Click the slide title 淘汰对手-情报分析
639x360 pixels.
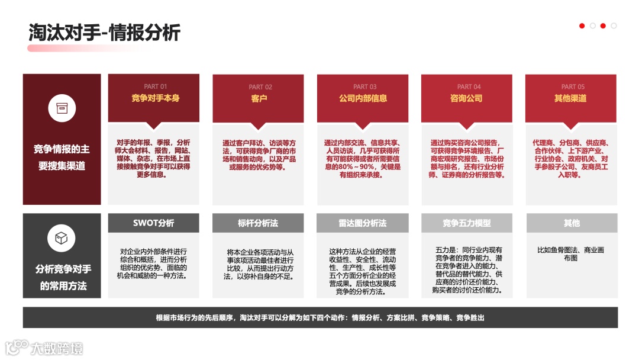pos(104,32)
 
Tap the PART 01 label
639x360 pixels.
pos(156,86)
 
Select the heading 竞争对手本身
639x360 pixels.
pos(156,98)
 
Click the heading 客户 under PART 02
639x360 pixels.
pos(259,99)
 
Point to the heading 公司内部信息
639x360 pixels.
pos(363,99)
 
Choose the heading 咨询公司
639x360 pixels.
pos(467,99)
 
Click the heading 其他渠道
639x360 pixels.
pos(570,99)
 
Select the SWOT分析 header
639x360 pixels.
pos(154,223)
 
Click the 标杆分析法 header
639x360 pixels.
pos(258,223)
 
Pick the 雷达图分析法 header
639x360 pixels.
pos(363,223)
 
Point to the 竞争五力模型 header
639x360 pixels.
pos(467,223)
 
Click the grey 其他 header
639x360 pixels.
pos(572,223)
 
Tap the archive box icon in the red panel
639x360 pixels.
pos(62,108)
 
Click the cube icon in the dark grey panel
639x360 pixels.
pos(62,238)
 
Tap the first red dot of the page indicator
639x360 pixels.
pos(582,26)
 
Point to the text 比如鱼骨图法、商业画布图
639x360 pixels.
pos(571,254)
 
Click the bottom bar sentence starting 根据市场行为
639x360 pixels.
pos(320,318)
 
